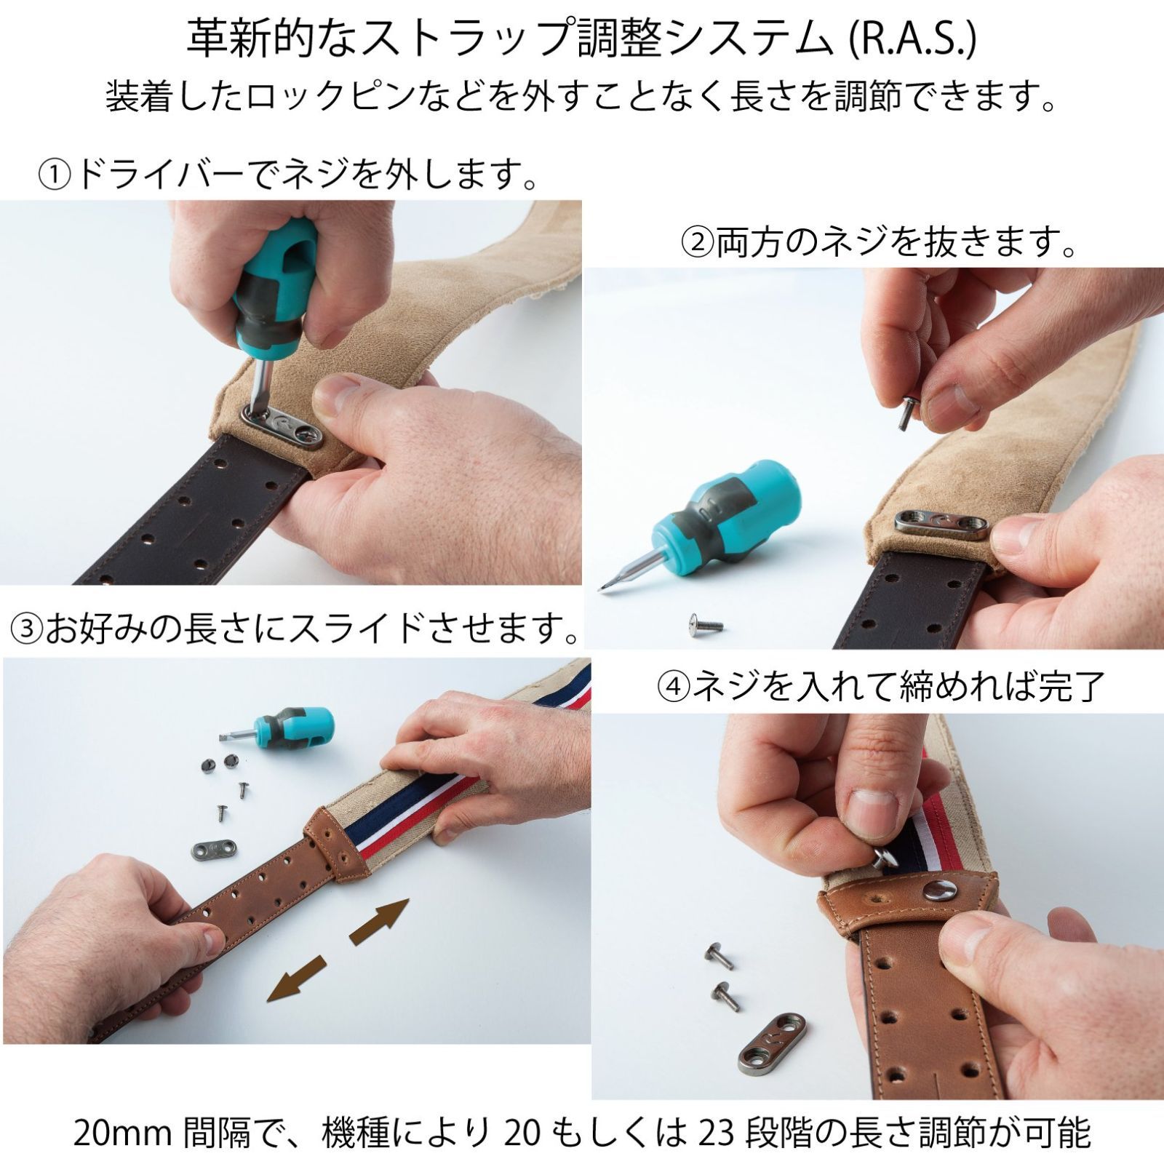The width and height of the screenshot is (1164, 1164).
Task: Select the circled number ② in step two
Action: [696, 244]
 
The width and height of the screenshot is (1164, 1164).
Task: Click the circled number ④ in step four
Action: [673, 686]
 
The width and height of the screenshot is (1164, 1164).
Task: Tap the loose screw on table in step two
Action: [704, 624]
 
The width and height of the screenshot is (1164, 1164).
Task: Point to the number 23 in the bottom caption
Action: [715, 1133]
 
